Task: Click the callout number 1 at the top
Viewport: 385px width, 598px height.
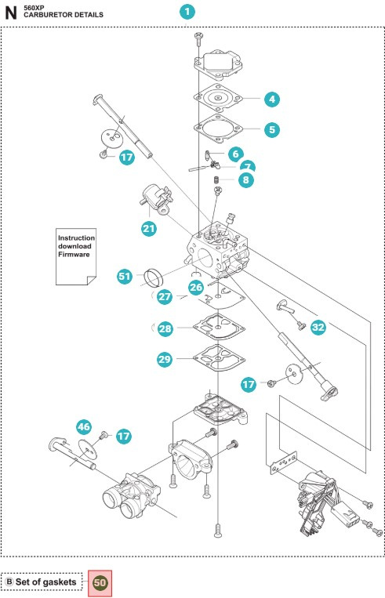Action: [x=187, y=12]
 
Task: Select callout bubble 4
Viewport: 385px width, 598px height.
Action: [x=271, y=100]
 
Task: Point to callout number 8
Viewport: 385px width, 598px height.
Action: [x=246, y=179]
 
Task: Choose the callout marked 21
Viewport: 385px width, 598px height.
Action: [x=148, y=229]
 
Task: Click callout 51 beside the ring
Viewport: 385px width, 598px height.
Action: [x=125, y=276]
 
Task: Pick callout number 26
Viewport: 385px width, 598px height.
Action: [x=195, y=288]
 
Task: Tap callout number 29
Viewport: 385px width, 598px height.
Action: [x=165, y=359]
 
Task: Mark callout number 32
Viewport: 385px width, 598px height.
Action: [x=318, y=328]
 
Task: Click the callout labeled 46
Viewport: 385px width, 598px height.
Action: [x=84, y=426]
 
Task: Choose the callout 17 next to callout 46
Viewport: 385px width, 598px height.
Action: [x=124, y=436]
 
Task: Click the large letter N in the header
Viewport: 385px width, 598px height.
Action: [x=11, y=12]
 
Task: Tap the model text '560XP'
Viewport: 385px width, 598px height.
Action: [x=35, y=6]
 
